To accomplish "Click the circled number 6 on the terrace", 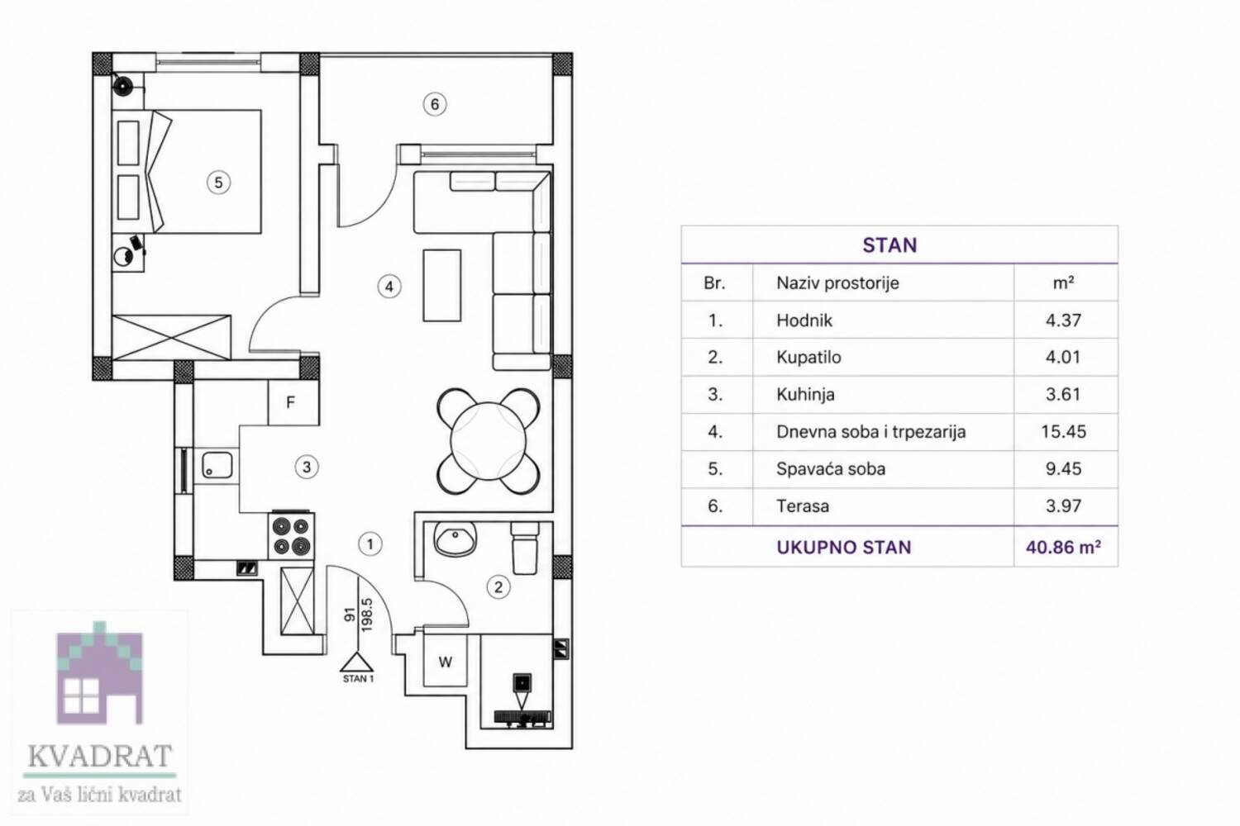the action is (x=435, y=104).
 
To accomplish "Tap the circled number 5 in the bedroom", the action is (x=218, y=183).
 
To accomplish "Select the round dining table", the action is (x=488, y=441).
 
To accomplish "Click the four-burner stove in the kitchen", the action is (x=292, y=535).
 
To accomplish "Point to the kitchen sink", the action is (x=217, y=464).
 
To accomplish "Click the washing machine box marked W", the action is (x=445, y=661).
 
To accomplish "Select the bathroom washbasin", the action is (x=455, y=539).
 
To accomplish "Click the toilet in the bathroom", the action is (x=524, y=548).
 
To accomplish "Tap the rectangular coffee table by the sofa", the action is (x=441, y=285).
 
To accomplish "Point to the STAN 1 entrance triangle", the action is (x=357, y=662).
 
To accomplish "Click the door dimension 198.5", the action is (x=366, y=614).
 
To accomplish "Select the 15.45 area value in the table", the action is (x=1063, y=431).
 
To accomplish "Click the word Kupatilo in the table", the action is (x=808, y=358).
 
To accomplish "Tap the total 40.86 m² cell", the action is (x=1063, y=547).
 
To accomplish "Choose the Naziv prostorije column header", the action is (x=837, y=283).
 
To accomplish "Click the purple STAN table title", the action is (x=889, y=245).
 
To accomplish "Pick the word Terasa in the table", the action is (x=802, y=506).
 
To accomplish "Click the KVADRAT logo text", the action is (x=100, y=756).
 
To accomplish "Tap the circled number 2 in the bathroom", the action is (x=498, y=587).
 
